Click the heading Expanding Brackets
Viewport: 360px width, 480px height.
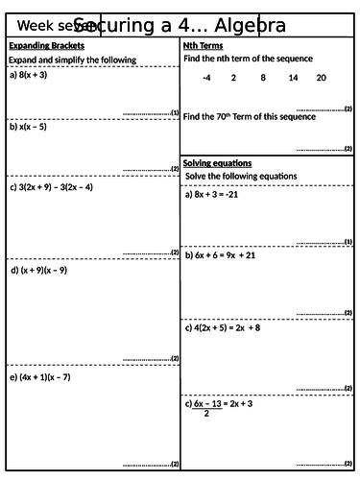[x=46, y=46]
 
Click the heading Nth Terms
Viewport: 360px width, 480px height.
[x=203, y=46]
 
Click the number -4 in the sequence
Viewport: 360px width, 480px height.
[x=207, y=77]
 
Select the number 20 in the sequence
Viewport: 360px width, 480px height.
[x=321, y=77]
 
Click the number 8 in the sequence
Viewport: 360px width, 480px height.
[x=263, y=77]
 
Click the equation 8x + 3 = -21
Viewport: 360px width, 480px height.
[x=224, y=194]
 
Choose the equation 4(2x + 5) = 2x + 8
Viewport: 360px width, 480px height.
[x=235, y=327]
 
